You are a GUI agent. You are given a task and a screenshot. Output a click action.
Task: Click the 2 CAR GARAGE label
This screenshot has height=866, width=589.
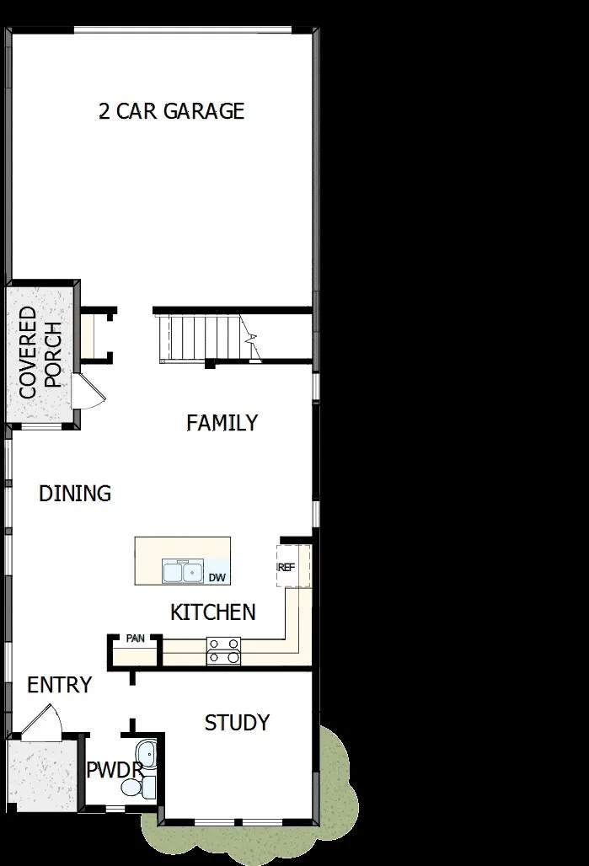coord(172,111)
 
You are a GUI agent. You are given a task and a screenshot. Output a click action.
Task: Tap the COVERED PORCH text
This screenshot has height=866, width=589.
coord(40,352)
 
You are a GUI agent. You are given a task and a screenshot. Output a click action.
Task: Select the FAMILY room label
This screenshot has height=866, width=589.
coord(222,423)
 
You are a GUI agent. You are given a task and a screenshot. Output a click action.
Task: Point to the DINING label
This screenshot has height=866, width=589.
coord(75,494)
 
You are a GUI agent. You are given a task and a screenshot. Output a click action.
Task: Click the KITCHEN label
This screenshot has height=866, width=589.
coord(213,612)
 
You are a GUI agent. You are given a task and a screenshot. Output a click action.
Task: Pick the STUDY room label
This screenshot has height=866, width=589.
coord(237,723)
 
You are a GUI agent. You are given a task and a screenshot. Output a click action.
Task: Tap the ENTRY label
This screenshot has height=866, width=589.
coord(59,685)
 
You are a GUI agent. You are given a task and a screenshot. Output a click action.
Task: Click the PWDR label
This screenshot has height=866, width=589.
coord(112,770)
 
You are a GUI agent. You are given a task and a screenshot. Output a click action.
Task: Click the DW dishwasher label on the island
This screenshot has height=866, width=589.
coord(217,577)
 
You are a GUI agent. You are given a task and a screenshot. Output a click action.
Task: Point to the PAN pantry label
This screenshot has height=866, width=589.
coord(135,639)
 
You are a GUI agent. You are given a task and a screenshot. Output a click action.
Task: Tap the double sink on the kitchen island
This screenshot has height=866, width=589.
coord(185,572)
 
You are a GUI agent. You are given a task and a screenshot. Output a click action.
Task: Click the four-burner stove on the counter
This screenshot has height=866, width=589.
coord(224,651)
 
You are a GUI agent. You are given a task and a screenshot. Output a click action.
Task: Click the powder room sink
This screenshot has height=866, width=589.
coord(147,753)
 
